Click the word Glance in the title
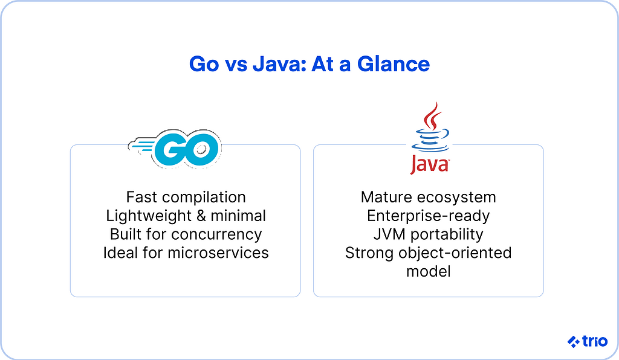(393, 64)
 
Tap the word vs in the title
(236, 65)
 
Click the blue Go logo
(175, 149)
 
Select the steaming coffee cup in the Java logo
(430, 127)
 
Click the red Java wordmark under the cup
(430, 164)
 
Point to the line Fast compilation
(186, 197)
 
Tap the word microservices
(218, 252)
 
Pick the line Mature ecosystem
(429, 197)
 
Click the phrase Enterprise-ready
(429, 216)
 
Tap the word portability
(447, 234)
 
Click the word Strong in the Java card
(369, 253)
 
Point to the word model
(429, 271)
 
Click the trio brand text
(595, 341)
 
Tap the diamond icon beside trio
(574, 341)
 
